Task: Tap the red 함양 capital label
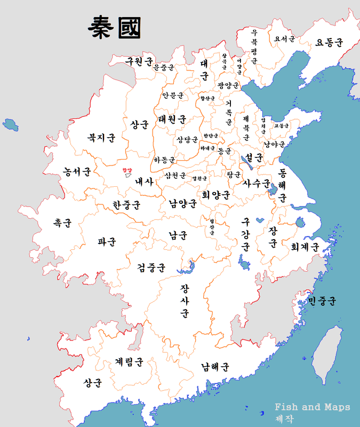pos(127,170)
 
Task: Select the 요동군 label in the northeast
pos(330,42)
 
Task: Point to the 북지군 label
pos(101,138)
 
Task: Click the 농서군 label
pos(76,172)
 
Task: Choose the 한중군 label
pos(126,204)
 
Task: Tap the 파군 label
pos(107,241)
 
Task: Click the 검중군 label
pos(151,266)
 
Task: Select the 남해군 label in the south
pos(215,367)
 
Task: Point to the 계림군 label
pos(129,362)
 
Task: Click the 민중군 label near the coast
pos(322,302)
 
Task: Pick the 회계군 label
pos(305,247)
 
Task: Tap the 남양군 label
pos(183,203)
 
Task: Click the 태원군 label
pos(172,118)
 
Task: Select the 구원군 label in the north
pos(139,61)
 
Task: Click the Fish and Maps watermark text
pos(313,407)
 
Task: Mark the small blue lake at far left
pos(10,125)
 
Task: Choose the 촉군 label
pos(62,223)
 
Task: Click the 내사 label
pos(144,181)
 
